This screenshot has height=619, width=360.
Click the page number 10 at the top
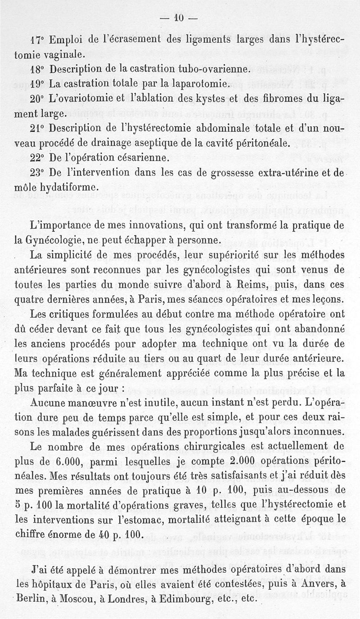[180, 18]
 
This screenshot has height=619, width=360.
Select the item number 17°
[36, 41]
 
